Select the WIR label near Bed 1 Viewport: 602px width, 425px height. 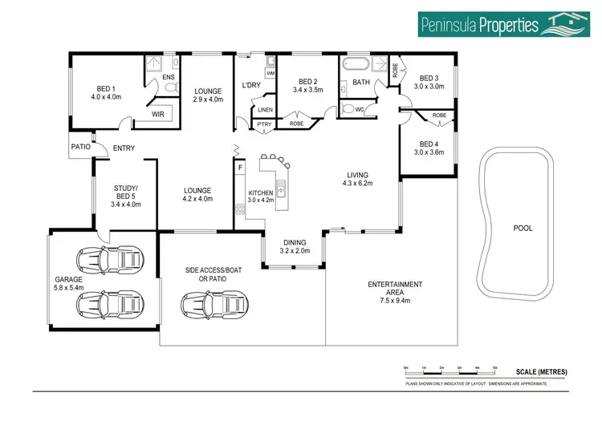163,115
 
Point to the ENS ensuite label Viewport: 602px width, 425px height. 168,78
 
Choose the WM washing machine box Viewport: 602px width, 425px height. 270,74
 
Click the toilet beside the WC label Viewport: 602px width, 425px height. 348,108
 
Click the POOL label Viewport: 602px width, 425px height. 523,229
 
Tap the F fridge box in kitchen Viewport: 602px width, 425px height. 239,168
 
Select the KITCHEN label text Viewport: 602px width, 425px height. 261,193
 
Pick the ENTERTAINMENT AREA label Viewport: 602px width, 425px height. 395,289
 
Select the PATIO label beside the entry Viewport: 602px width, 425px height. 80,148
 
